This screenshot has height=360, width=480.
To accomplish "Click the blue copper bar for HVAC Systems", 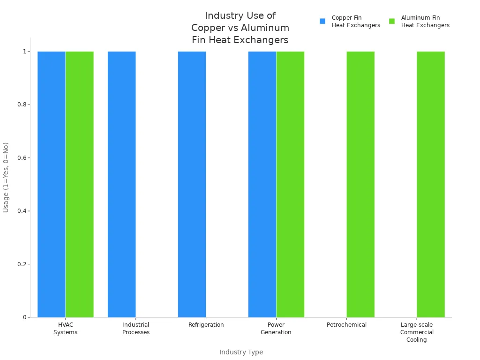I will pos(52,184).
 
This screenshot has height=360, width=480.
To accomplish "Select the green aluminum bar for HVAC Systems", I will pos(80,184).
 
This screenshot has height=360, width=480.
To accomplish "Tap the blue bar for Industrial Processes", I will pos(122,184).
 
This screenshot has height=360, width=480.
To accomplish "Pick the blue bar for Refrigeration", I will pos(192,184).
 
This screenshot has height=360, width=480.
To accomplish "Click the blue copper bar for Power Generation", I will pos(262,184).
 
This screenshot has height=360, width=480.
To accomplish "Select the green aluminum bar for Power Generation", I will pos(290,184).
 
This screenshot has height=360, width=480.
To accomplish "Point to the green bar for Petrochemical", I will pos(360,184).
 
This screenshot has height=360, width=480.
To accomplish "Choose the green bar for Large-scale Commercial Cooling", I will pos(431,184).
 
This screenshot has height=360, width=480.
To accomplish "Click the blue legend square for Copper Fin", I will pos(322,21).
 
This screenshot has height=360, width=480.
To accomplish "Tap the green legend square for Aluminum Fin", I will pos(392,21).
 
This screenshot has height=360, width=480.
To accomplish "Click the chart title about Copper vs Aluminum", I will pos(240,28).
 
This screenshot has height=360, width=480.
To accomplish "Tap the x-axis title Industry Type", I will pos(241,352).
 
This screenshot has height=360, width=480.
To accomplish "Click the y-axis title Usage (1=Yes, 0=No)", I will pos(6,177).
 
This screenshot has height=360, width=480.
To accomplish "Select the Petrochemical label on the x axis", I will pos(346,325).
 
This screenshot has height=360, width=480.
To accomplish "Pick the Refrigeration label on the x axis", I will pos(206,325).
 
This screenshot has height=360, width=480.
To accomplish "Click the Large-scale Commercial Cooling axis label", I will pos(417,332).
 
